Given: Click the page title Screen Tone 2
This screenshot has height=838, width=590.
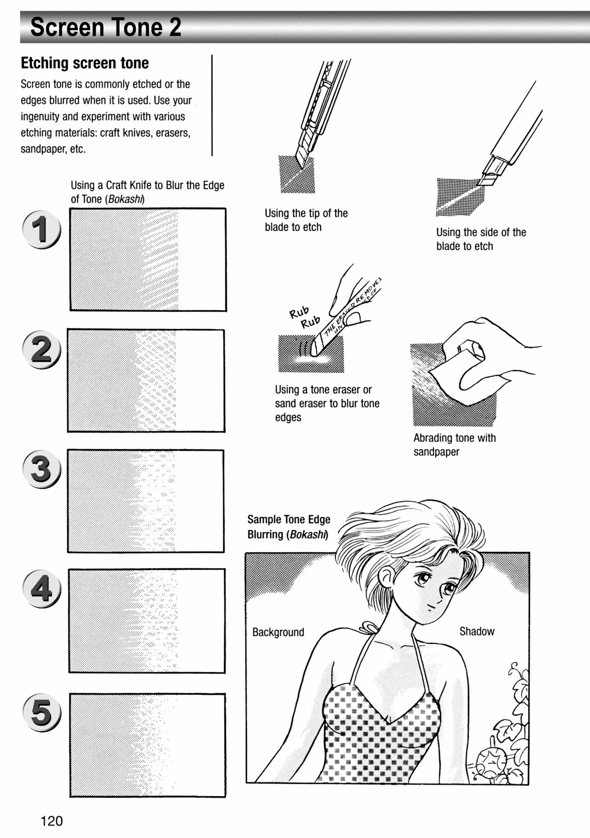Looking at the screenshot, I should [106, 27].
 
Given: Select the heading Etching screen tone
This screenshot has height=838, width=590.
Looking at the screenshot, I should [85, 63].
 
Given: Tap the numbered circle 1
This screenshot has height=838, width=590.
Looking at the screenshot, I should [41, 229].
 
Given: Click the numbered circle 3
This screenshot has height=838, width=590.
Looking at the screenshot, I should [41, 469].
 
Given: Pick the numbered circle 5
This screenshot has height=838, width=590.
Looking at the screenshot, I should [41, 712].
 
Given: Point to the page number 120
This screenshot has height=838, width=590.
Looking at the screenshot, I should [52, 820].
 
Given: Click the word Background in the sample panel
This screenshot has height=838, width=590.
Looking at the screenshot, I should [278, 632].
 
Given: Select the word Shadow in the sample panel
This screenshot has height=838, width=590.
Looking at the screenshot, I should [477, 631].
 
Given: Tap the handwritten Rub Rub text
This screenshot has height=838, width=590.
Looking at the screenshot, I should [304, 317].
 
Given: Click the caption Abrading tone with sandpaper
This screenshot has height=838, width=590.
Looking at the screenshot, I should [454, 445].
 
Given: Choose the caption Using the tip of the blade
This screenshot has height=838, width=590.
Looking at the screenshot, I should [306, 220].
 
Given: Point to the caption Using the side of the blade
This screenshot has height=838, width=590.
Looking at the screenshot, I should [481, 239].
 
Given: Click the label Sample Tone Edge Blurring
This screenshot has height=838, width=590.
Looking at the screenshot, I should [289, 527].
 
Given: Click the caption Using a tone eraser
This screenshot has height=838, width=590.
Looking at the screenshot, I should [327, 403].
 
